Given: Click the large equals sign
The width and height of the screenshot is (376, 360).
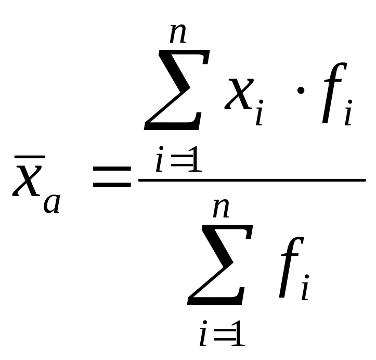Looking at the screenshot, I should pos(111,177).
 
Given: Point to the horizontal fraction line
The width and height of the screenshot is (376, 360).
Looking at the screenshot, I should pos(252,180).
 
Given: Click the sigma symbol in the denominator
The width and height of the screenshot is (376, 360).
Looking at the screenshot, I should pos(221,265).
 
